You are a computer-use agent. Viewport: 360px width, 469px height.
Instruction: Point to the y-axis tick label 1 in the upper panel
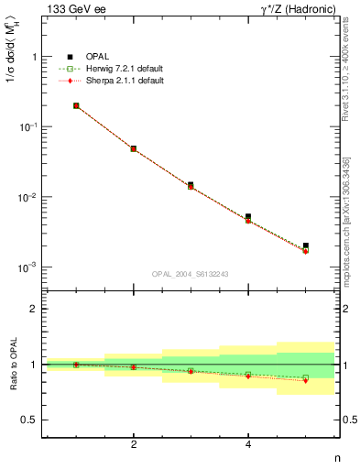35,57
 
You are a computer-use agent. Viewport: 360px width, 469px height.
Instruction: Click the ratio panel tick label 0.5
30,420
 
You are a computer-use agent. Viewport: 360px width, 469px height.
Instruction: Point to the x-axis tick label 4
248,444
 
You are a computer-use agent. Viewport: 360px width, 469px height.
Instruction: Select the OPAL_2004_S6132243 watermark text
190,274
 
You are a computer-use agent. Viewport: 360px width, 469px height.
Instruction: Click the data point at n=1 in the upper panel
76,105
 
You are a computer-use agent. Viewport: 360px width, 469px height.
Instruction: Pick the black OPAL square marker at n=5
305,245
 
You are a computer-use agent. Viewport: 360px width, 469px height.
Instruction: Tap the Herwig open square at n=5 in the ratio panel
305,377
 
